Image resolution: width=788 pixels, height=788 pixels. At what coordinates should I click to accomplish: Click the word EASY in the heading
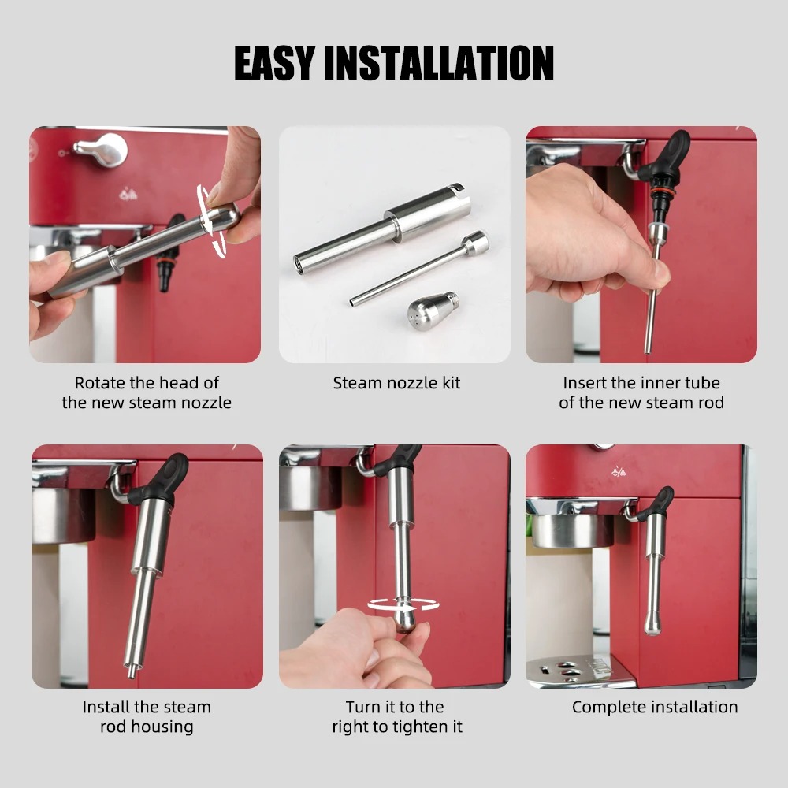tap(273, 63)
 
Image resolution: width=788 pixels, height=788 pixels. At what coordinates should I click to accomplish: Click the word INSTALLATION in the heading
tap(440, 63)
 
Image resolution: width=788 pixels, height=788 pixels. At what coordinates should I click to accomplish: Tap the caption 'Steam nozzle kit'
tap(396, 384)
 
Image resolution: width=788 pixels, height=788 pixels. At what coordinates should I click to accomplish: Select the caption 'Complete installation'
tap(655, 707)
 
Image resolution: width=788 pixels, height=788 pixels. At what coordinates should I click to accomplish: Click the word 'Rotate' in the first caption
tap(101, 383)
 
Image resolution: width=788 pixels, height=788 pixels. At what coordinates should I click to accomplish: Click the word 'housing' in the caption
tap(146, 727)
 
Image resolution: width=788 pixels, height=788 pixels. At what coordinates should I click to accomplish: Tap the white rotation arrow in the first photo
tap(212, 221)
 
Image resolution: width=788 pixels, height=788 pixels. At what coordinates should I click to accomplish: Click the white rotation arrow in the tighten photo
tap(403, 605)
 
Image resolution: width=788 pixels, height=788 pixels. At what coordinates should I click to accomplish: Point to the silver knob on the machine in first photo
tap(102, 149)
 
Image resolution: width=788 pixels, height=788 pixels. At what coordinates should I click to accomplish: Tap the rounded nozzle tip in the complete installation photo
tap(652, 626)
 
